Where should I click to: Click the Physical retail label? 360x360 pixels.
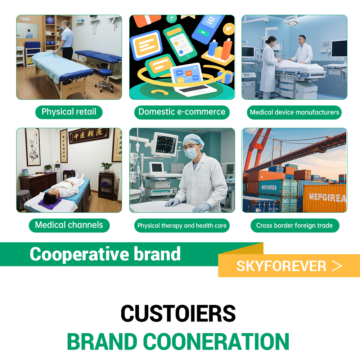point(69,112)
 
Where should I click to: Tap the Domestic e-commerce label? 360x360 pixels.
point(182,112)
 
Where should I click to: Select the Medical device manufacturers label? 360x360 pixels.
point(294,112)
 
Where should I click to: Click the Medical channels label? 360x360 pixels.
point(69,225)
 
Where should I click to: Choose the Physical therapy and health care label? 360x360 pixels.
point(182,225)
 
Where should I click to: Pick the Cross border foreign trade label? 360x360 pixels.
point(295,225)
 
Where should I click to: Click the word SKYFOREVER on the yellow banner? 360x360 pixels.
point(281,266)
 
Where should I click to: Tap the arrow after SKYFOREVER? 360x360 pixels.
point(337,266)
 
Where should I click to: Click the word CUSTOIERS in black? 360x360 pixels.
point(178,314)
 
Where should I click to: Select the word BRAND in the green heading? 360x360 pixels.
point(102,342)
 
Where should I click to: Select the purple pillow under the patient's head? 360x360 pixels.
point(50,203)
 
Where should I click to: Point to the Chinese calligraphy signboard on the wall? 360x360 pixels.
point(89,135)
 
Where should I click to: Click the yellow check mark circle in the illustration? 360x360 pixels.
point(229,29)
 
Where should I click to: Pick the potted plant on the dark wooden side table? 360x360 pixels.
point(106,167)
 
